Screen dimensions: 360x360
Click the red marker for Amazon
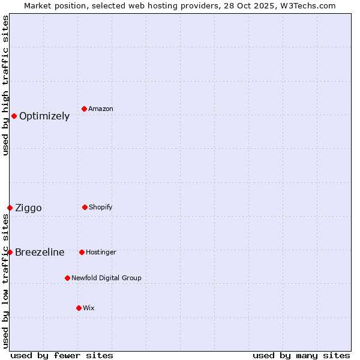(x=85, y=109)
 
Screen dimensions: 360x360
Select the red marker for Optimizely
(x=14, y=116)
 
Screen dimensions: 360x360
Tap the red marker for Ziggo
(x=10, y=208)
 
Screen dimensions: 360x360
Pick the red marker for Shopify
(x=85, y=207)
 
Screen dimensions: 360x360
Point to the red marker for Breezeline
(x=10, y=252)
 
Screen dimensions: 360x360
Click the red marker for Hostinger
(x=82, y=252)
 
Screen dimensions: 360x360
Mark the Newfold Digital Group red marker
(x=67, y=278)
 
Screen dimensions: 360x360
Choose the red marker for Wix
(x=79, y=308)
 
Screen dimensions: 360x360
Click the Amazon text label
(x=101, y=109)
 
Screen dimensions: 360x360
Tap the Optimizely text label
(x=44, y=116)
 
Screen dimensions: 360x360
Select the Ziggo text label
(x=28, y=208)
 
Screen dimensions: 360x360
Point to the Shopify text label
(x=101, y=208)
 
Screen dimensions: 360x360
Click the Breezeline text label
(x=40, y=253)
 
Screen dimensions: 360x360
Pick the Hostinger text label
(x=101, y=253)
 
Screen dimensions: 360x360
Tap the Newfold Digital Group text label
(x=106, y=278)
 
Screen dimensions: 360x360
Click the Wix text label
(x=89, y=308)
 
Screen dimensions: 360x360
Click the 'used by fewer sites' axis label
(x=62, y=356)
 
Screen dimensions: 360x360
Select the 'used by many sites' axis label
(x=301, y=356)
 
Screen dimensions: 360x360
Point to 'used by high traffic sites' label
(x=5, y=85)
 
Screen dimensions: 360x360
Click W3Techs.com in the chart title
(x=307, y=5)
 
